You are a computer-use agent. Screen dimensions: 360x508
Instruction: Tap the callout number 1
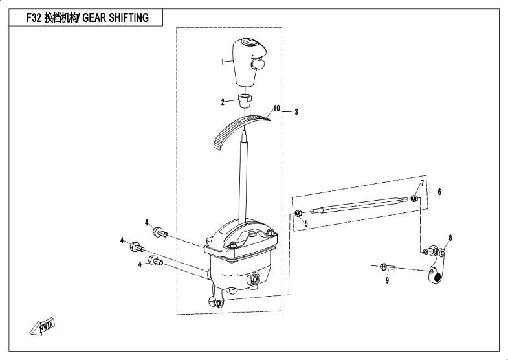[x=222, y=62]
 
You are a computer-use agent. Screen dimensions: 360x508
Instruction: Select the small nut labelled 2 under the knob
[x=245, y=100]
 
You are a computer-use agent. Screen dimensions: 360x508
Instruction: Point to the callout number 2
[x=223, y=102]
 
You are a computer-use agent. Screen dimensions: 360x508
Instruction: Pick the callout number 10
[x=276, y=108]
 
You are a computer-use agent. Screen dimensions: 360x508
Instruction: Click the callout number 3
[x=296, y=112]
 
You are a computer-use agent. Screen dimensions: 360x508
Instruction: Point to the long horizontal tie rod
[x=356, y=205]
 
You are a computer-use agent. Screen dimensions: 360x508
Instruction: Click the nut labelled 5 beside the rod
[x=298, y=213]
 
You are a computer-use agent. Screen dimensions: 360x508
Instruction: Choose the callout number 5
[x=305, y=223]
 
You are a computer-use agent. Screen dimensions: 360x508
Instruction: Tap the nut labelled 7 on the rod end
[x=414, y=197]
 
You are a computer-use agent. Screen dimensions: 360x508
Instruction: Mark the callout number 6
[x=439, y=192]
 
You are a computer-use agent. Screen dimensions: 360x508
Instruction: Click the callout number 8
[x=450, y=238]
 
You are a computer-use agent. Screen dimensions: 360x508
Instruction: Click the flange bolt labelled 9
[x=389, y=267]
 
